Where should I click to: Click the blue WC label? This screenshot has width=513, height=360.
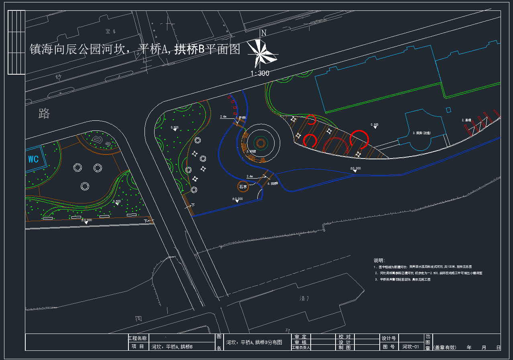click(33, 159)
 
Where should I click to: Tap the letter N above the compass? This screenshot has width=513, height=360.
click(263, 33)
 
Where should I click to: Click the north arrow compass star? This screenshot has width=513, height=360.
click(262, 53)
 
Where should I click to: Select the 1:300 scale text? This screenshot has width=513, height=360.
click(260, 73)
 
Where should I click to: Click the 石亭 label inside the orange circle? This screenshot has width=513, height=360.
click(243, 187)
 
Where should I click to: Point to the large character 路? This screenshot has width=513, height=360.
click(44, 113)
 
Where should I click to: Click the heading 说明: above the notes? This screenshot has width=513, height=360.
click(379, 260)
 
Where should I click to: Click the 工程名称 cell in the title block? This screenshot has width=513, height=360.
click(137, 338)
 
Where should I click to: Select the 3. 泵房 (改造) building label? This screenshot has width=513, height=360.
click(423, 132)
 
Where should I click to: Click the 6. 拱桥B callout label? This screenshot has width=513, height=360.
click(273, 183)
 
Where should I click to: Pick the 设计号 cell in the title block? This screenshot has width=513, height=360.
click(389, 338)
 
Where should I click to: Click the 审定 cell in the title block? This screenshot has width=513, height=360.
click(300, 337)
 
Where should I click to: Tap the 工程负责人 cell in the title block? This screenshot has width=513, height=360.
click(301, 348)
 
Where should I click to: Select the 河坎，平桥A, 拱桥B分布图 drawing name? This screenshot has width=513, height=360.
click(254, 343)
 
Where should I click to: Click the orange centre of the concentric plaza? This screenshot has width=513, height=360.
click(261, 143)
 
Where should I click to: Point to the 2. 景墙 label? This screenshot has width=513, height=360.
click(466, 120)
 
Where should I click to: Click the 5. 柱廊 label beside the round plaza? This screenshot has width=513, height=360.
click(251, 152)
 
